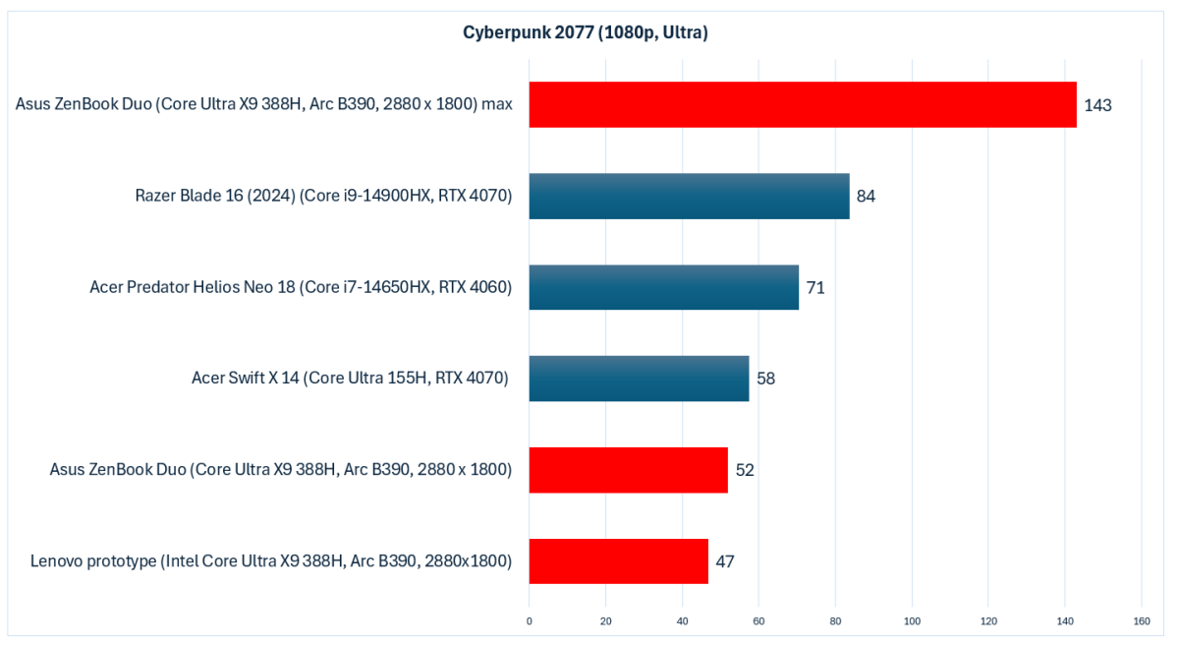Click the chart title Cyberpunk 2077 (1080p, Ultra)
tap(586, 33)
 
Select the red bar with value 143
tap(803, 104)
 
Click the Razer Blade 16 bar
tap(689, 196)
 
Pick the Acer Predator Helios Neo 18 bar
tap(663, 287)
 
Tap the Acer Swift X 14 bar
tap(639, 379)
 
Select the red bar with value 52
tap(628, 470)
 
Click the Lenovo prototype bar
tap(618, 561)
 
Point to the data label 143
tap(1097, 105)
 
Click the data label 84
tap(866, 196)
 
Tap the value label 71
tap(814, 288)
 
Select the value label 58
tap(765, 379)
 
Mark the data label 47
tap(725, 562)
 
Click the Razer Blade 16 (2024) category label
tap(324, 196)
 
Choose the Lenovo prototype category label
tap(271, 562)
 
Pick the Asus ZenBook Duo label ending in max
tap(264, 104)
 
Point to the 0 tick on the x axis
tap(530, 621)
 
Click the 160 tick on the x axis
tap(1142, 621)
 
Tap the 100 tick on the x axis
tap(912, 621)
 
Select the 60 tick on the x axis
tap(758, 621)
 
